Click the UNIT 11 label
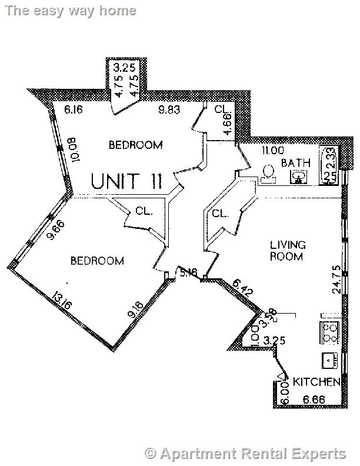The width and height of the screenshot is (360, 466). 126,181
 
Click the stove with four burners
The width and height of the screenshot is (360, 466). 329,332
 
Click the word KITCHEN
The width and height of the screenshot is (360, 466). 317,382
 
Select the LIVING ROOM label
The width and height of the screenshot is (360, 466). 287,251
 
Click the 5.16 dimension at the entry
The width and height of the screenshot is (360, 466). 188,272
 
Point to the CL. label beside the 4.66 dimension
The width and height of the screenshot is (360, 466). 221,109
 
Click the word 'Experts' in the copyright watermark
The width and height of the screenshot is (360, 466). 318,453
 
